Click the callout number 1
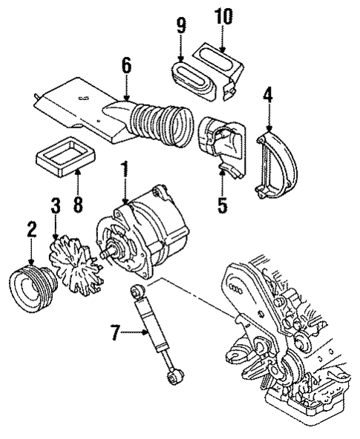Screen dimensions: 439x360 click(x=125, y=169)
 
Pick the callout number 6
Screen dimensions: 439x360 click(x=126, y=66)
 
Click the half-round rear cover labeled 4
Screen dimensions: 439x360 click(x=277, y=163)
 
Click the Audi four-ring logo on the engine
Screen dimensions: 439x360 click(x=239, y=291)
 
